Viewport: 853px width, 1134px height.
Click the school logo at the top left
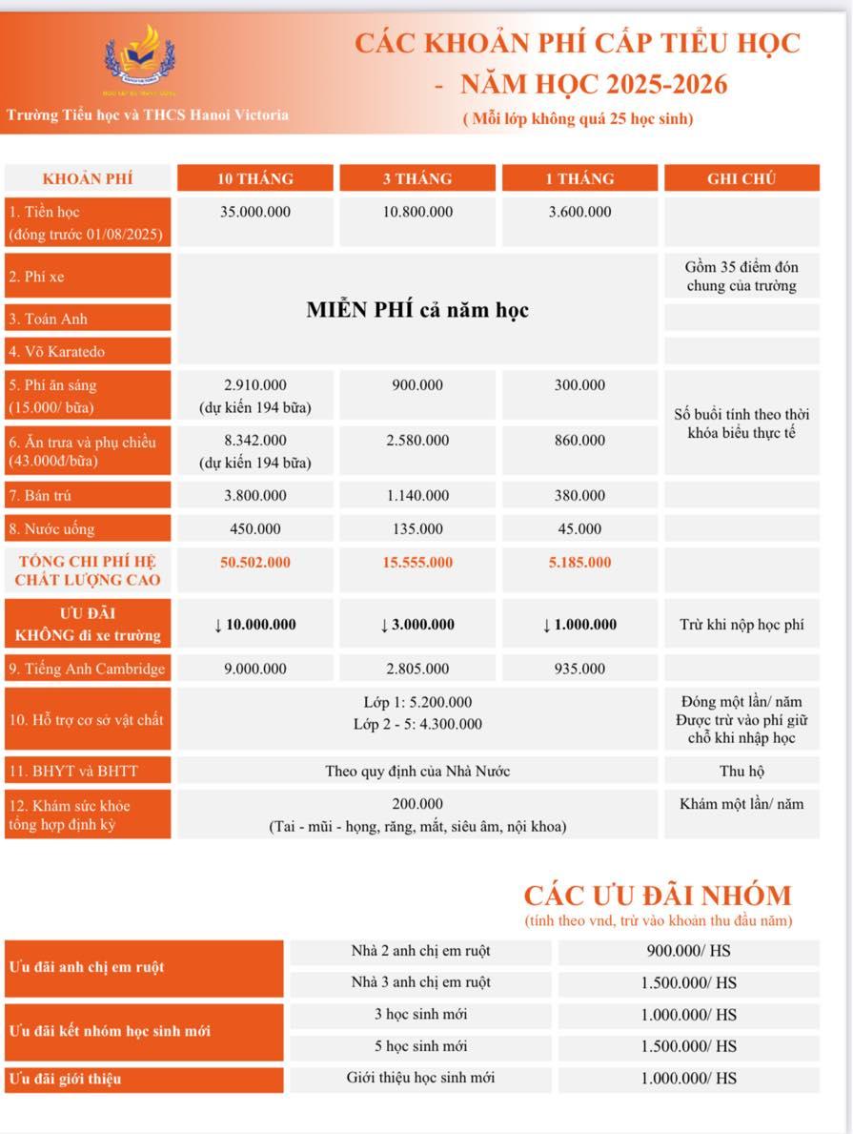click(140, 57)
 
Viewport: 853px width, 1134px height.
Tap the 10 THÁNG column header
click(255, 178)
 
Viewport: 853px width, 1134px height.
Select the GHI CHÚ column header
click(741, 178)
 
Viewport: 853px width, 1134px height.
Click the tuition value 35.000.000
click(255, 212)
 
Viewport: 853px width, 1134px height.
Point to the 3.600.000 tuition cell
click(579, 212)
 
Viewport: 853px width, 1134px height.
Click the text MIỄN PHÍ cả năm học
click(417, 310)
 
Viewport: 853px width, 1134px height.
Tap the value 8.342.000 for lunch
click(255, 441)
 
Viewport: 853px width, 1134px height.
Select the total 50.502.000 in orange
click(255, 563)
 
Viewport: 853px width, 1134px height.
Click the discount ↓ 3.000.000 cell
click(417, 625)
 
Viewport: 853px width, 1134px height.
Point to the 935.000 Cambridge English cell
click(579, 669)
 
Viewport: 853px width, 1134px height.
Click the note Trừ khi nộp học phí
click(741, 625)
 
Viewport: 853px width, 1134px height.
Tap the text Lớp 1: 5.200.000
click(417, 703)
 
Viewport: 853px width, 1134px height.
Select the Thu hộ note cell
click(741, 771)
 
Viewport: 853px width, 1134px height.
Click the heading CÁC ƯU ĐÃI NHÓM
click(658, 896)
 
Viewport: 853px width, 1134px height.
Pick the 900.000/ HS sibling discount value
click(688, 951)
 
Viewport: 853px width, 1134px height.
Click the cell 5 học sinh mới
click(420, 1046)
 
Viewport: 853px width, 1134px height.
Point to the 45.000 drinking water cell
click(579, 529)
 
